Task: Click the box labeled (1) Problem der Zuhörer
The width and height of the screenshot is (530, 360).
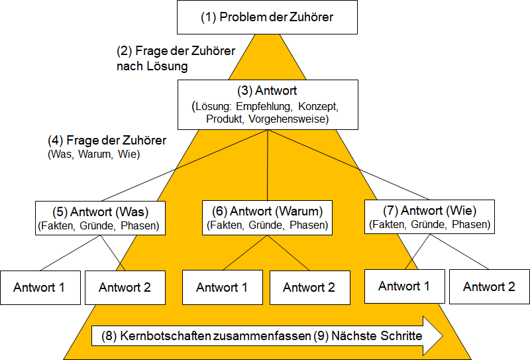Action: coord(267,17)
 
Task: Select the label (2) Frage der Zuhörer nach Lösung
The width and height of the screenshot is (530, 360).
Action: coord(176,58)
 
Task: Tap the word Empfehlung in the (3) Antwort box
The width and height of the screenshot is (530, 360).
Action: coord(263,106)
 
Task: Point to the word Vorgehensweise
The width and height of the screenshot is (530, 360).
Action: coord(289,119)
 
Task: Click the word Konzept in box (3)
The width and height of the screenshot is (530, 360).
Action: coord(318,106)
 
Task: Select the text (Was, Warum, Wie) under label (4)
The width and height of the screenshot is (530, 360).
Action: coord(93,154)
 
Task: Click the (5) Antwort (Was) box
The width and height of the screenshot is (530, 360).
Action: coord(101,218)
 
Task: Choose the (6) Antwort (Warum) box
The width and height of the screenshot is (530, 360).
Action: coord(267,217)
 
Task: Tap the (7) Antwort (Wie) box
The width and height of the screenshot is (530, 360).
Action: coord(429,217)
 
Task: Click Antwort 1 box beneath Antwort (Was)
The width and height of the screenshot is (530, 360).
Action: coord(40,288)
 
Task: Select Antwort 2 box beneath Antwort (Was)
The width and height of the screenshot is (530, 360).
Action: coord(125,288)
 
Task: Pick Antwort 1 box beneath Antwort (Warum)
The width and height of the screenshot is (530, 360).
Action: coord(223,287)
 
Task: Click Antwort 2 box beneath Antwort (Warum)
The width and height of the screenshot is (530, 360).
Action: coord(309,288)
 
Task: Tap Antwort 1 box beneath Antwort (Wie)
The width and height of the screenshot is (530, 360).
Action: coord(405,286)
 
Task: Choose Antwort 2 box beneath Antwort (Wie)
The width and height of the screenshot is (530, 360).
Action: coord(490,286)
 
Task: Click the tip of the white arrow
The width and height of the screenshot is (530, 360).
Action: coord(443,335)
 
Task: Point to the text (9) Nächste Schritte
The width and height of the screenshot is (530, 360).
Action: coord(368,336)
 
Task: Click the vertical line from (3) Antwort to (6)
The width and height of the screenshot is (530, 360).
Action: coord(268,165)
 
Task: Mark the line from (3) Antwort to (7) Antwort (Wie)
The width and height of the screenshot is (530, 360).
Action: coord(348,165)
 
